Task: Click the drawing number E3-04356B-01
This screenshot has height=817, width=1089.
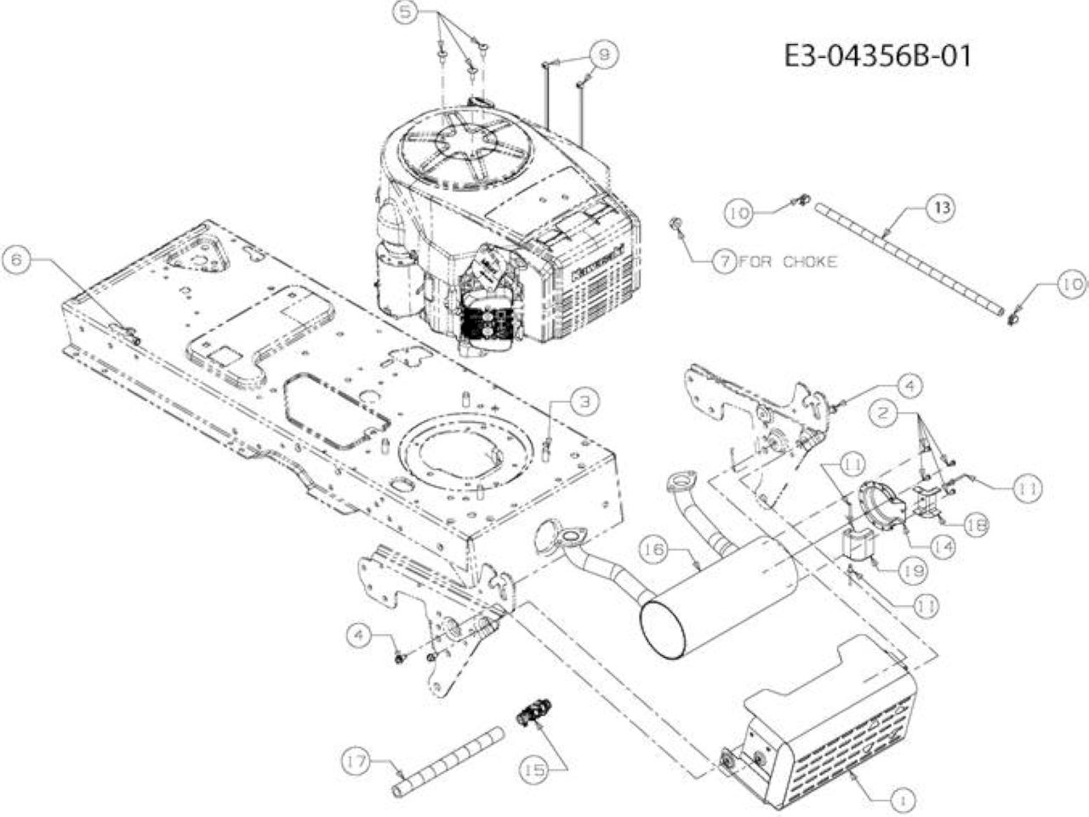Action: [x=877, y=56]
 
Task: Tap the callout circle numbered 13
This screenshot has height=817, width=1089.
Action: [x=941, y=209]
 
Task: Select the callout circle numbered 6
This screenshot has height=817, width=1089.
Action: [x=16, y=260]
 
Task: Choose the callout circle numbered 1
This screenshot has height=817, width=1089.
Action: [x=903, y=800]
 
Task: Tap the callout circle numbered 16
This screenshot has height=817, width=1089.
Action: [x=655, y=551]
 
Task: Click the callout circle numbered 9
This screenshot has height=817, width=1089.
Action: [x=604, y=55]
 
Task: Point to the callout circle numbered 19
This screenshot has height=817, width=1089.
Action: [x=912, y=571]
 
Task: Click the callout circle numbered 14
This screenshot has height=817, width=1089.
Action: [x=941, y=546]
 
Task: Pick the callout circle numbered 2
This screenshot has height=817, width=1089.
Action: [x=883, y=413]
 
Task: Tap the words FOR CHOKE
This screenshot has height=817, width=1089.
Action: [x=787, y=261]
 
